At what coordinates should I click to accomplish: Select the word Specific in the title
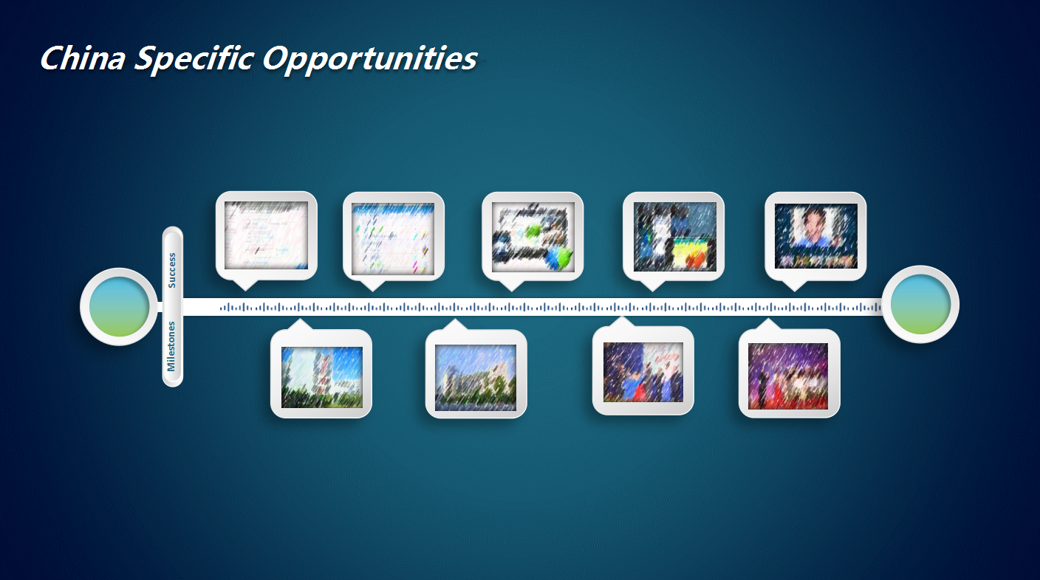(194, 59)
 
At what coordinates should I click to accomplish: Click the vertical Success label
(172, 271)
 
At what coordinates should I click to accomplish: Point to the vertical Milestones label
(171, 346)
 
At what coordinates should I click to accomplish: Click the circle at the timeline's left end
(119, 307)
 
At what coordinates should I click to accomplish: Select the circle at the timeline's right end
(920, 304)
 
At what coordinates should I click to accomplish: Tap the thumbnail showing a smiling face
(815, 235)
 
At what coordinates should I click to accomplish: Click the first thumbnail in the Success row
(266, 235)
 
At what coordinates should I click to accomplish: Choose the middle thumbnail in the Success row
(533, 237)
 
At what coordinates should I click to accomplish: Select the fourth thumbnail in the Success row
(674, 237)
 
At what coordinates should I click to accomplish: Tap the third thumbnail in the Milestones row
(643, 372)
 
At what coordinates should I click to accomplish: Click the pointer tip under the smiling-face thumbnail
(794, 291)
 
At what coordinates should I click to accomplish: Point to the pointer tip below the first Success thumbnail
(245, 291)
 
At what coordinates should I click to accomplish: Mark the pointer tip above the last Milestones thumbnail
(768, 318)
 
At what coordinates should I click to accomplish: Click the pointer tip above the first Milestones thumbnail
(300, 318)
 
